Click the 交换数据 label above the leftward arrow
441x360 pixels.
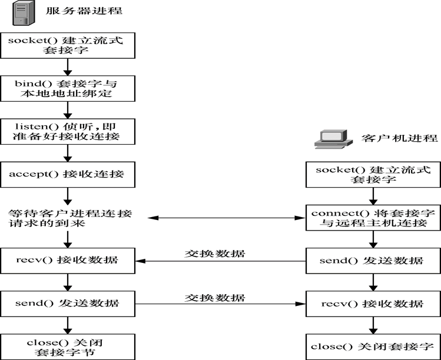click(215, 254)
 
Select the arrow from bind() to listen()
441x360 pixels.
click(68, 109)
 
